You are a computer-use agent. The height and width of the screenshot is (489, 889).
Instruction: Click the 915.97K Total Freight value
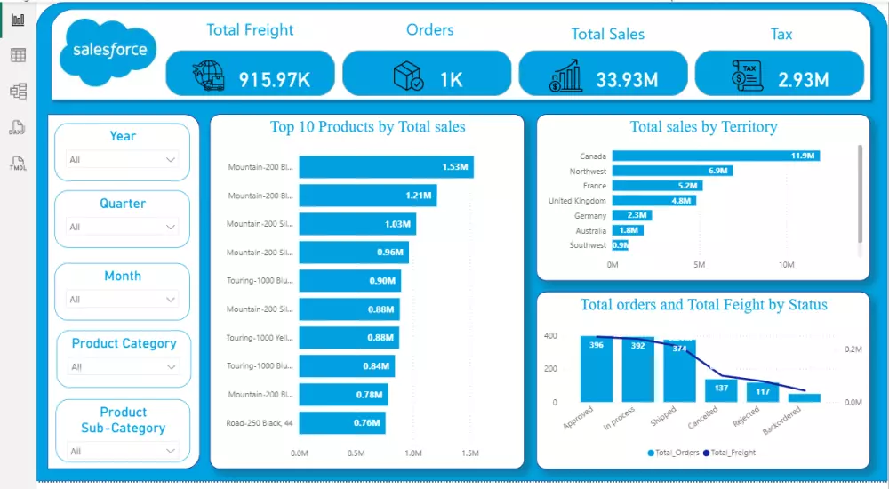(274, 79)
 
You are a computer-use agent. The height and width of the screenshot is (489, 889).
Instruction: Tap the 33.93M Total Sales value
(627, 79)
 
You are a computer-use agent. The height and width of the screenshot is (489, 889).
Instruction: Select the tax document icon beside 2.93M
(747, 76)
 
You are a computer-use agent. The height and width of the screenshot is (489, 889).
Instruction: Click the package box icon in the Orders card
(409, 76)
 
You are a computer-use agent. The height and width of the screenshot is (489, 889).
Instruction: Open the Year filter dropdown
(123, 160)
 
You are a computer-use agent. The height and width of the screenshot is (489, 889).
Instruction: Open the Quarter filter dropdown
(123, 228)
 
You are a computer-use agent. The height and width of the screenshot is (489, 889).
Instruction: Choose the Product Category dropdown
(124, 366)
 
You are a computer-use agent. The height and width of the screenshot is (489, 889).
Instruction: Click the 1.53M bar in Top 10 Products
(386, 167)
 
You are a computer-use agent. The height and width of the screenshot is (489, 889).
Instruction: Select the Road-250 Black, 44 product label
(259, 423)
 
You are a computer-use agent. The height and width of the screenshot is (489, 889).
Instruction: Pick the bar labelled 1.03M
(356, 224)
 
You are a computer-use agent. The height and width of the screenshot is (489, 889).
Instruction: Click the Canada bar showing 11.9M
(715, 156)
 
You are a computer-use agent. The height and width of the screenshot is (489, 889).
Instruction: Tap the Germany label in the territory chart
(590, 216)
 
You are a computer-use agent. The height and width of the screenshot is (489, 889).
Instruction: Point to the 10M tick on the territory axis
(786, 265)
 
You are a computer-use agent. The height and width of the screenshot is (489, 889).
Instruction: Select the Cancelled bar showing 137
(721, 390)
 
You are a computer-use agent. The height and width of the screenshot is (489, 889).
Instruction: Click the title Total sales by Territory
(703, 127)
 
